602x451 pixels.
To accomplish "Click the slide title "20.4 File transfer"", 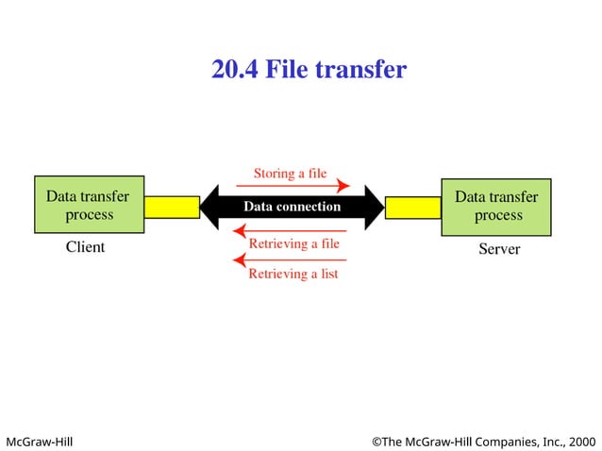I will click(x=309, y=70).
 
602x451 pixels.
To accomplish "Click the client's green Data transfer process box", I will click(x=89, y=205).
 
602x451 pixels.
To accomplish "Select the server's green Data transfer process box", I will click(x=496, y=205).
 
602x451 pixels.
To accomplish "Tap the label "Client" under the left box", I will click(x=85, y=247).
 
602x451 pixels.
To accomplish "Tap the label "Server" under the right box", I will click(x=499, y=249).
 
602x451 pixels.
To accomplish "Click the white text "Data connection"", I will click(x=292, y=207).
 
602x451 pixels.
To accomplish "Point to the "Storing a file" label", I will click(x=290, y=173).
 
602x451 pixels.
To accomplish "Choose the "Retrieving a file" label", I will click(x=293, y=243).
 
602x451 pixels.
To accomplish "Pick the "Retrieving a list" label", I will click(x=293, y=274).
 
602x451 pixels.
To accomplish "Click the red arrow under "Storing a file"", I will click(x=293, y=186).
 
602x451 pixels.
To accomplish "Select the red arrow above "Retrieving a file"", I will click(x=290, y=230).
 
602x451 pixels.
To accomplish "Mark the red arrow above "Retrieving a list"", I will click(x=290, y=259).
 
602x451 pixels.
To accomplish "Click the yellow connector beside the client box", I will click(x=172, y=207).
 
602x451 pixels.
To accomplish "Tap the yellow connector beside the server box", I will click(x=413, y=207).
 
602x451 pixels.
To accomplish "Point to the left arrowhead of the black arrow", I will click(x=210, y=207).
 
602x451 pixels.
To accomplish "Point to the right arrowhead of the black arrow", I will click(x=374, y=207).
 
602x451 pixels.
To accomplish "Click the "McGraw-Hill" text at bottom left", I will click(x=40, y=441).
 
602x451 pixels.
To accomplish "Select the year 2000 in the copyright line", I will click(x=582, y=441).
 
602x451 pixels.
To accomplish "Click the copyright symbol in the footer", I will click(x=376, y=441).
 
